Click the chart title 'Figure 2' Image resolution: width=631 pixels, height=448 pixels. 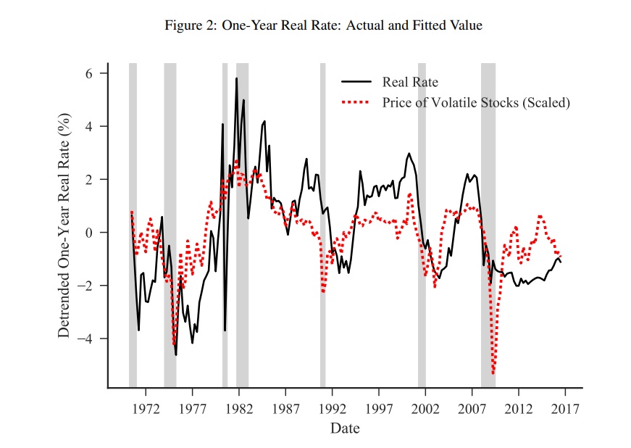[x=323, y=25]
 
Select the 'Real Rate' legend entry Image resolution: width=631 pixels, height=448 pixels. [x=410, y=82]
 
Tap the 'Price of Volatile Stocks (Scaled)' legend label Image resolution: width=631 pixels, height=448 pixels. [x=476, y=102]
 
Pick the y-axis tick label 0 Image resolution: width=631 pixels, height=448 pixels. [x=89, y=233]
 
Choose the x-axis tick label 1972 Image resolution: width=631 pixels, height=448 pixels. [x=145, y=407]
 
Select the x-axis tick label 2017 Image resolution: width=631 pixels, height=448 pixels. [x=564, y=407]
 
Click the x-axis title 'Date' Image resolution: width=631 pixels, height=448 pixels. [x=345, y=428]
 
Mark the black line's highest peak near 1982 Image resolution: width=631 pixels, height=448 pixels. [x=236, y=78]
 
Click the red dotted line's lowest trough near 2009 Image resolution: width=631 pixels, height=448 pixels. [x=493, y=373]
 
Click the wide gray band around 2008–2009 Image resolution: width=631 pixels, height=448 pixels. [x=488, y=217]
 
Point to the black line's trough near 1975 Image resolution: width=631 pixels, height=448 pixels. [x=175, y=354]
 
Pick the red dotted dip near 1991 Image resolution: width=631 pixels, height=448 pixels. [x=323, y=291]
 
